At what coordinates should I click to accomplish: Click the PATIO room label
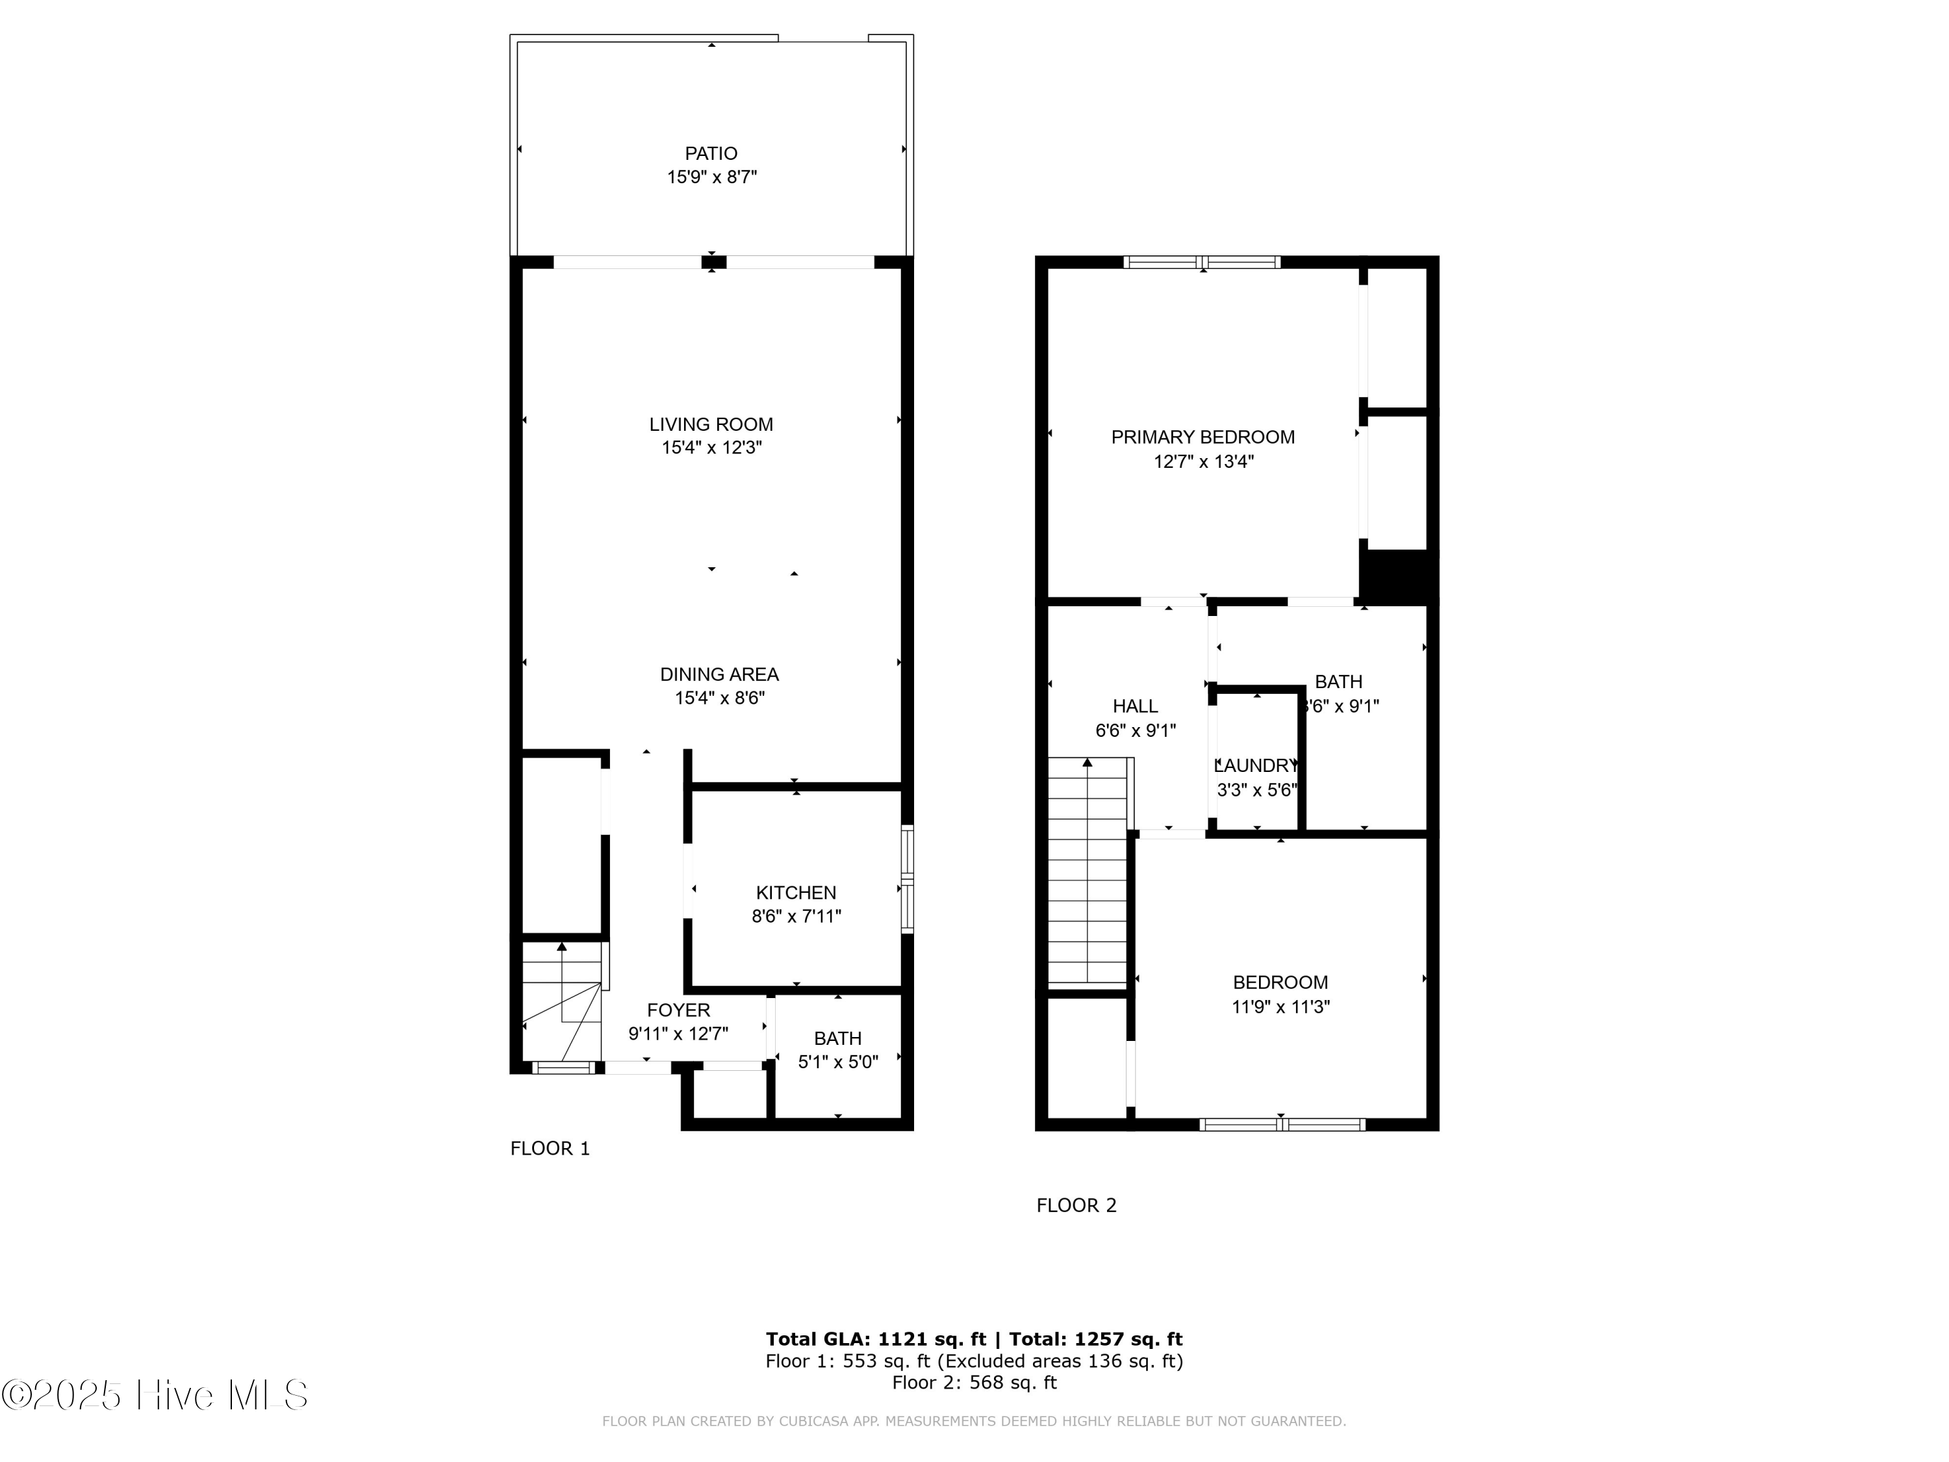click(711, 153)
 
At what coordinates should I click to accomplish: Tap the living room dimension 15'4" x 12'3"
click(711, 448)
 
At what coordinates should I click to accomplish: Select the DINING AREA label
click(719, 674)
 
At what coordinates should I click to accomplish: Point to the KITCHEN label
click(796, 893)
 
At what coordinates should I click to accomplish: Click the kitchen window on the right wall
click(907, 878)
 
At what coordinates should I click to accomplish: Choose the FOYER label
click(678, 1010)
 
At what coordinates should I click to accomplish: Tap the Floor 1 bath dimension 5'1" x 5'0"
click(838, 1062)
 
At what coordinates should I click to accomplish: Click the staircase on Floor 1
click(562, 1003)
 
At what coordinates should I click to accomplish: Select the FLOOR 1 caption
click(550, 1148)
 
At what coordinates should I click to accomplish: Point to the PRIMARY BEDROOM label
click(1203, 437)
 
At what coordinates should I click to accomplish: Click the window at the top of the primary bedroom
click(1203, 262)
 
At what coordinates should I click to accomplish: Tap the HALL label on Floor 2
click(1135, 706)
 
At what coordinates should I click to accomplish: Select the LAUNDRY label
click(1256, 766)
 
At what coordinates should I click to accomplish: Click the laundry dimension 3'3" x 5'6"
click(1256, 789)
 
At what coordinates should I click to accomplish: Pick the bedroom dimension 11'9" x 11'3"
click(1280, 1007)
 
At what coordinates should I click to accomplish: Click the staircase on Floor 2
click(1088, 873)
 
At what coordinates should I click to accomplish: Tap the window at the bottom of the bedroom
click(1282, 1125)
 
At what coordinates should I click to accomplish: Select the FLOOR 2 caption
click(1076, 1205)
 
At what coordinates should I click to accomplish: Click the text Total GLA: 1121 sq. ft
click(876, 1339)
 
